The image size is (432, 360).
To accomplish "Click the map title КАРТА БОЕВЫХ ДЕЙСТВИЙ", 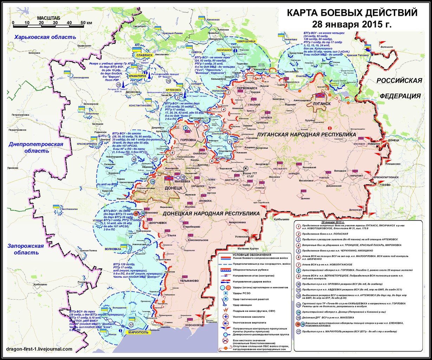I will [x=352, y=13].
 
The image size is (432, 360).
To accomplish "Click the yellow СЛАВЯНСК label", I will [x=142, y=55].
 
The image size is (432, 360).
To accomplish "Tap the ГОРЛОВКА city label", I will [x=188, y=140].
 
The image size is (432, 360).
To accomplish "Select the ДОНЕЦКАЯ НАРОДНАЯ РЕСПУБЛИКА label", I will [x=211, y=213].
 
